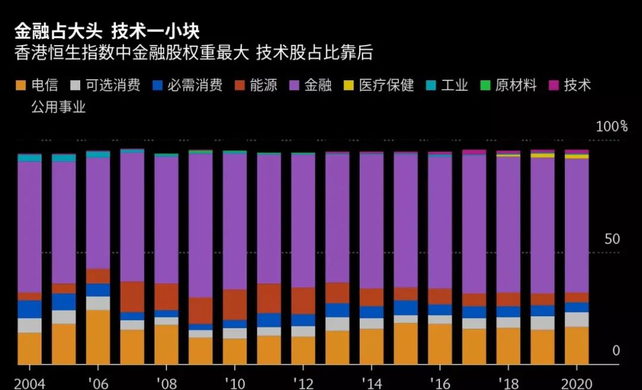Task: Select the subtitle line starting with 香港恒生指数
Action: coord(194,54)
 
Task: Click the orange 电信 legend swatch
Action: coord(21,86)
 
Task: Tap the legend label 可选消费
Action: coord(113,86)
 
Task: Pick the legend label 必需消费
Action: coord(195,86)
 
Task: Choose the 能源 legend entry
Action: coord(263,86)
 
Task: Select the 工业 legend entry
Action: coord(455,86)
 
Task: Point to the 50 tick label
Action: coord(612,239)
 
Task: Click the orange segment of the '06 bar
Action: coord(98,336)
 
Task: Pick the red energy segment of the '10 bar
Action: coord(235,304)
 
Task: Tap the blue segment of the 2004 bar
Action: coord(30,309)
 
